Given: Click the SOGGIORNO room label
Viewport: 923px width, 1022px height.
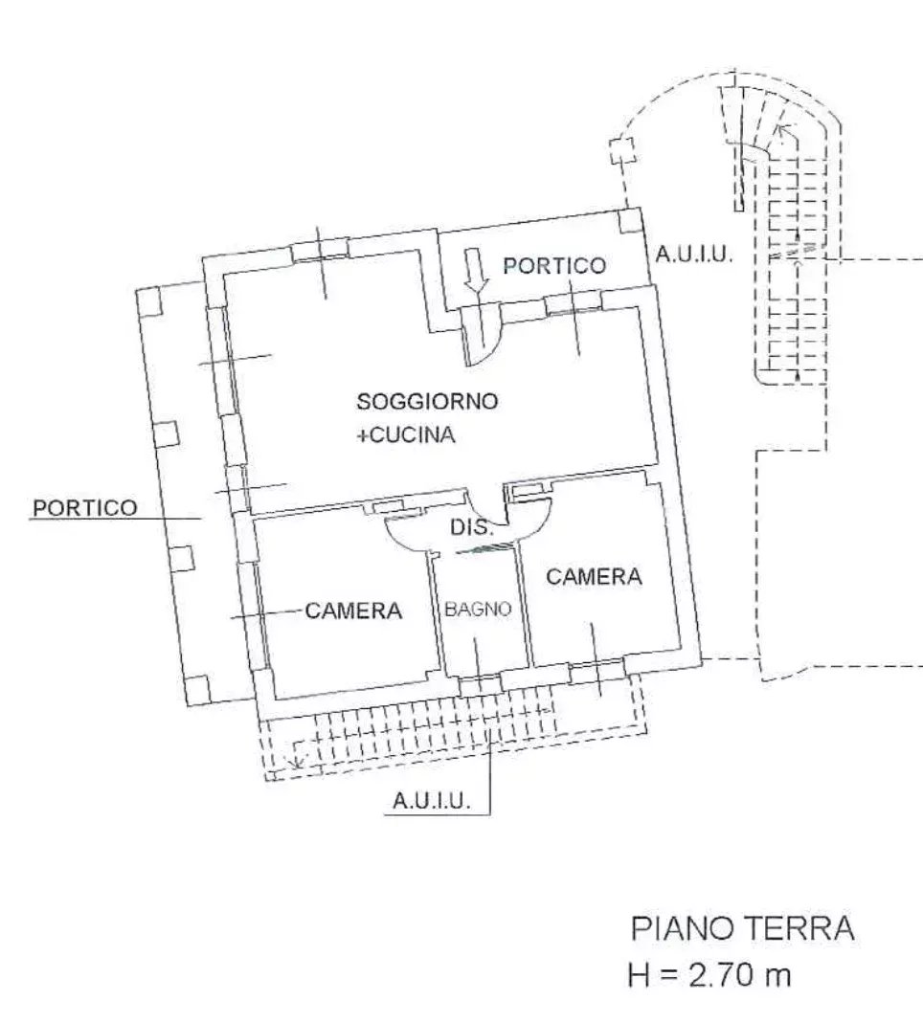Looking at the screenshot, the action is click(x=427, y=401).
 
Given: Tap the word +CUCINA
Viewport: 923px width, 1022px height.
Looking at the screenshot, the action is click(x=406, y=434).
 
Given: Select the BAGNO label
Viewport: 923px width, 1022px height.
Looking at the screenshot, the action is click(x=478, y=610).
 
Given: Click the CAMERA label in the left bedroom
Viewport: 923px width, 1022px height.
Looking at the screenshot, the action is click(x=353, y=611).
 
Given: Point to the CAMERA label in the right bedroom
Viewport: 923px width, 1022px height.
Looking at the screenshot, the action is click(x=594, y=576).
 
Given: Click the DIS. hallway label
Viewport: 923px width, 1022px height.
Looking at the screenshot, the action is click(x=472, y=526).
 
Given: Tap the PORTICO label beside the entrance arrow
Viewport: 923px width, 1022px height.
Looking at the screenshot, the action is click(x=554, y=265).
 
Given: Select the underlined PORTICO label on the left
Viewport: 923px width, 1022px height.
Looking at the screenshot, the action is click(x=85, y=508).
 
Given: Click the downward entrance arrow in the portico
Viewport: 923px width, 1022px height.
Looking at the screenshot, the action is click(x=476, y=270).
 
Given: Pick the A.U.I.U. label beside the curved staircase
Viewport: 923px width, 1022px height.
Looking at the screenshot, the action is click(x=694, y=254).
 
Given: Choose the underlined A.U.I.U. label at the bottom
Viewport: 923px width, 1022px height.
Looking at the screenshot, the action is click(x=431, y=800).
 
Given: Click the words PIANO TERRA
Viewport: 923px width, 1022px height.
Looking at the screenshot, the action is click(x=742, y=928).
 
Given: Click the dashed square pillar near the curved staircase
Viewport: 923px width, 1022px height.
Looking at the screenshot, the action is click(x=623, y=150).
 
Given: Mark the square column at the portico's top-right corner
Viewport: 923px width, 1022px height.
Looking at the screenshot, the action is click(x=631, y=221).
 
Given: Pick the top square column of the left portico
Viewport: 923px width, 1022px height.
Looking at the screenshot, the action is click(x=150, y=301).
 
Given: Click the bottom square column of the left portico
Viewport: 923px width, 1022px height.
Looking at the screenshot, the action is click(x=197, y=688).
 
